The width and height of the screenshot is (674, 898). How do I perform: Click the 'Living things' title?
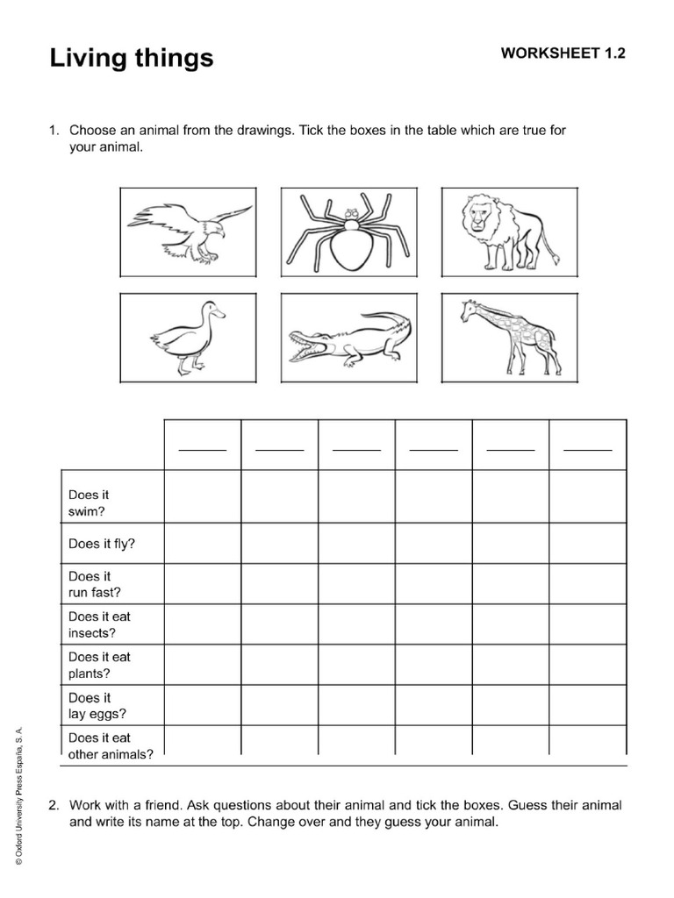pyautogui.click(x=131, y=58)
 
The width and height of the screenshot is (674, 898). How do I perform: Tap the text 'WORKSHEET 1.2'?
pyautogui.click(x=563, y=53)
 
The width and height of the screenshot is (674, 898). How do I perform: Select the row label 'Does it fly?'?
pyautogui.click(x=102, y=544)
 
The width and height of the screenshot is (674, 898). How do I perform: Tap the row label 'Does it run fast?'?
pyautogui.click(x=95, y=584)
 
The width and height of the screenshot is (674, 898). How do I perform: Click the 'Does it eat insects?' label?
pyautogui.click(x=99, y=624)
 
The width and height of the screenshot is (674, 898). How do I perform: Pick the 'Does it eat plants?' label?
pyautogui.click(x=99, y=665)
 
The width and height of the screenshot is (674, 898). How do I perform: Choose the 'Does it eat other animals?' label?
pyautogui.click(x=111, y=745)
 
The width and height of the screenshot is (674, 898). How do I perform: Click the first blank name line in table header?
pyautogui.click(x=202, y=448)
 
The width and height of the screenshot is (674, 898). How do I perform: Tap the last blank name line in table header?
pyautogui.click(x=587, y=448)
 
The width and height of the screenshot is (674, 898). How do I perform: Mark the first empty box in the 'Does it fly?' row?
pyautogui.click(x=202, y=544)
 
